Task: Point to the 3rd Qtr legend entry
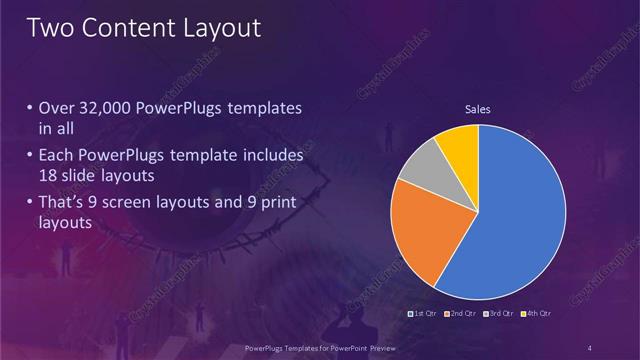click(498, 315)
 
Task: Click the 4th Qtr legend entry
click(535, 315)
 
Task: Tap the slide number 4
click(592, 347)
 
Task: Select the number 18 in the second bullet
click(48, 176)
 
